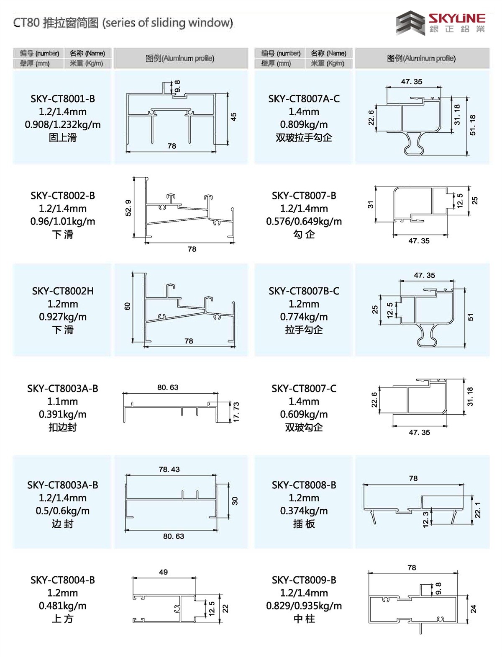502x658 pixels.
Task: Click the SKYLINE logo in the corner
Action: tap(441, 23)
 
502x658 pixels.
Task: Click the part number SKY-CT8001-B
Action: tap(63, 98)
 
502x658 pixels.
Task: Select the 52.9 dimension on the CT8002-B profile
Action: tap(128, 207)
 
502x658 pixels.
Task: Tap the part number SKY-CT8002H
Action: tap(63, 291)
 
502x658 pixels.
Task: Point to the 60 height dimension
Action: tap(128, 306)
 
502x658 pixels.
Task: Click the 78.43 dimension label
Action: tap(169, 470)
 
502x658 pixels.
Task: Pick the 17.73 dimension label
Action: tap(236, 412)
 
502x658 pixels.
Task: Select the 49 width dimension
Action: tap(164, 572)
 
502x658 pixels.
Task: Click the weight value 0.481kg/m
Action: tap(63, 606)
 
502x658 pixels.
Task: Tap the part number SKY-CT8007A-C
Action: tap(304, 98)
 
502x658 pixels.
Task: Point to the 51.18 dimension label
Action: tap(473, 125)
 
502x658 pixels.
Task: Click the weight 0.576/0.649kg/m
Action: tap(304, 221)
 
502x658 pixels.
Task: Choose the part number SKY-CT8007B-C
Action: tap(304, 291)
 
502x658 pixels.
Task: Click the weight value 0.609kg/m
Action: tap(304, 414)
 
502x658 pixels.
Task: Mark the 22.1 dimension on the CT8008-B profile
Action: tap(478, 510)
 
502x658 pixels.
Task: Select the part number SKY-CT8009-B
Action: tap(304, 580)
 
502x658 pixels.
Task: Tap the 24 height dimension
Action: tap(473, 609)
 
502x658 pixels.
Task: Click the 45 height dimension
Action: tap(233, 116)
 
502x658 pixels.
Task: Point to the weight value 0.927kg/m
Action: tap(63, 317)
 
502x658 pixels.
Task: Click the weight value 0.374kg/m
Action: tap(304, 511)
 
